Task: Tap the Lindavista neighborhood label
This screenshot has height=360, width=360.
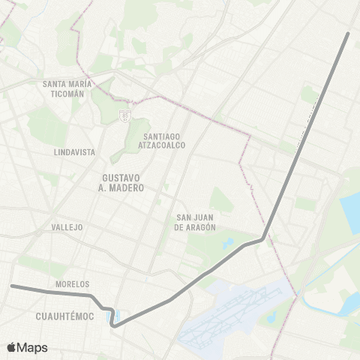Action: tap(74, 151)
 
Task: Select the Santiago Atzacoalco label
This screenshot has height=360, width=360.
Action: tap(165, 140)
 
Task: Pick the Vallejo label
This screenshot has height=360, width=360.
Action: tap(67, 226)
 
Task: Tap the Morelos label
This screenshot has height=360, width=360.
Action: tap(72, 284)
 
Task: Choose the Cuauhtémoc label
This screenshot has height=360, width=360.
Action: tap(64, 316)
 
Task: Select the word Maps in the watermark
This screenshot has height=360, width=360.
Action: tap(33, 348)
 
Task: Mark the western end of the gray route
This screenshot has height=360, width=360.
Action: tap(11, 286)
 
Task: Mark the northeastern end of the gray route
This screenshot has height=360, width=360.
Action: tap(348, 34)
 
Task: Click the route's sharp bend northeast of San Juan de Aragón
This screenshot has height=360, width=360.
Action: tap(264, 238)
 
